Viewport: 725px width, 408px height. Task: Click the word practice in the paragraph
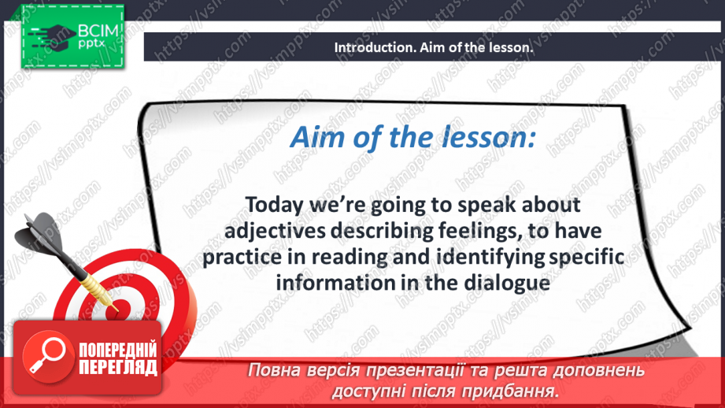(242, 258)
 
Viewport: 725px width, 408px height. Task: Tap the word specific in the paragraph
(587, 258)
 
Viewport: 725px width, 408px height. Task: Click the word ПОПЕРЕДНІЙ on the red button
(118, 351)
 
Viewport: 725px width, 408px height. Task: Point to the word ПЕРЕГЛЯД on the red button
(118, 368)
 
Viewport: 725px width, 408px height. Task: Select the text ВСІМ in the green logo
(98, 31)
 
